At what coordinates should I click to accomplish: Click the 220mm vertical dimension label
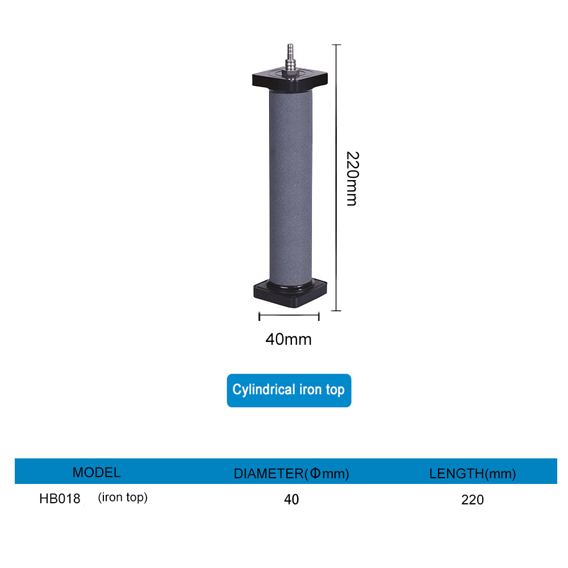click(352, 178)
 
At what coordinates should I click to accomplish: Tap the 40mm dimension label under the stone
click(289, 340)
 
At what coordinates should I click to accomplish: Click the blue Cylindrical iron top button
click(289, 390)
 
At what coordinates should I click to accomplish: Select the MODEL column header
click(97, 473)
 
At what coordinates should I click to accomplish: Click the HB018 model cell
click(60, 499)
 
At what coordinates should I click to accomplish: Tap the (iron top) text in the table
click(123, 498)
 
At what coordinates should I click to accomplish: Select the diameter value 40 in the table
click(291, 500)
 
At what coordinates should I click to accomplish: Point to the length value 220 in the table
click(473, 500)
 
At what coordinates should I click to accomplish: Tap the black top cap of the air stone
click(290, 80)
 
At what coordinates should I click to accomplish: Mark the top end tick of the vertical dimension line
click(336, 44)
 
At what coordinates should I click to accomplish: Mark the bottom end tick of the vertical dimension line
click(336, 311)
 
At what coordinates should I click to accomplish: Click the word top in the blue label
click(335, 390)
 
